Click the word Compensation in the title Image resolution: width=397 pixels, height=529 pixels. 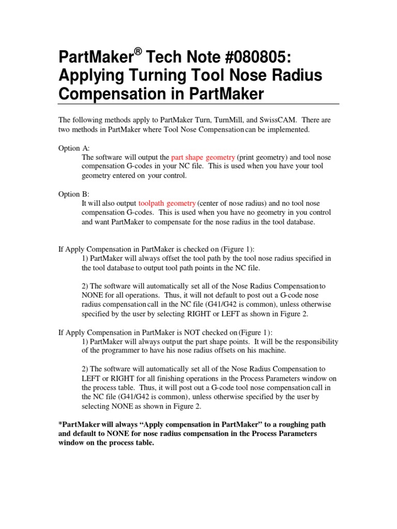click(110, 95)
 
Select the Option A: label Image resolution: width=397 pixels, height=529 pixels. click(74, 148)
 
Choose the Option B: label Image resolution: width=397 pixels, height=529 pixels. click(74, 194)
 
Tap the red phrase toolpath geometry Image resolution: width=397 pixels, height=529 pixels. click(167, 203)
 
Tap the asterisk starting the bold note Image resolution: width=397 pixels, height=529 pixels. click(60, 424)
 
